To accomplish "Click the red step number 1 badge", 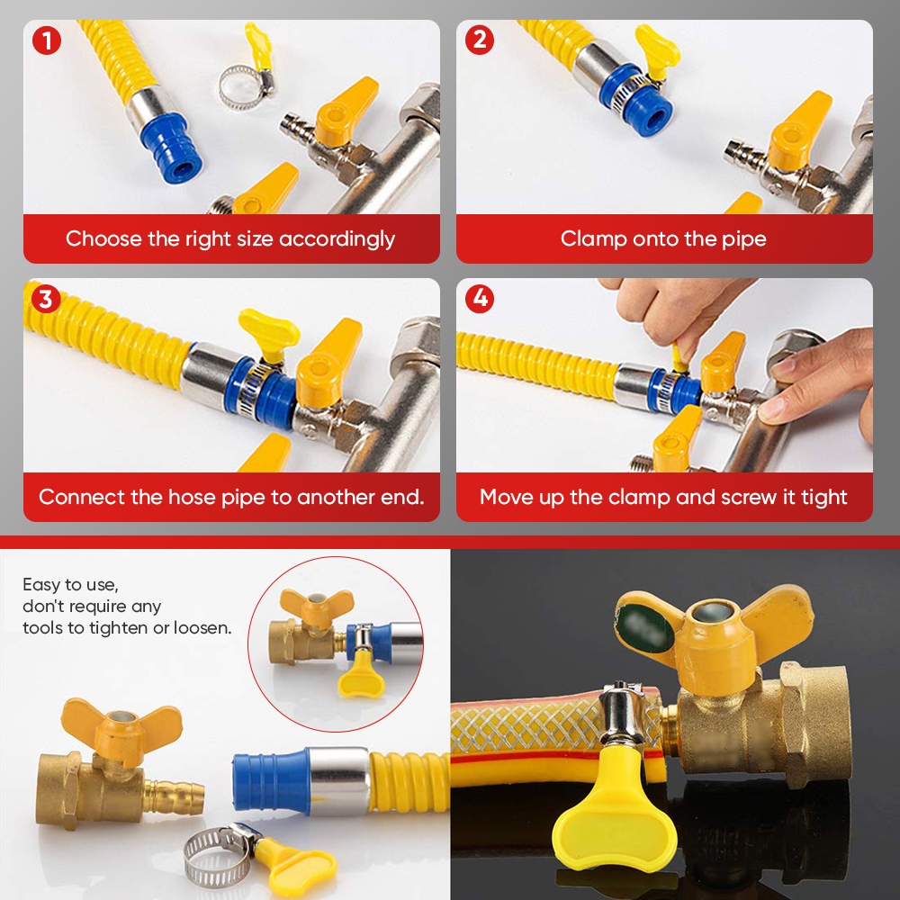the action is [x=47, y=40].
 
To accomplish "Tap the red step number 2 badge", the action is [x=480, y=40].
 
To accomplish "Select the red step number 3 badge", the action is [x=46, y=299].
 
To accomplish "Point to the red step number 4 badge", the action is [x=480, y=299].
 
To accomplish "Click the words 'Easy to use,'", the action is [x=70, y=585].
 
